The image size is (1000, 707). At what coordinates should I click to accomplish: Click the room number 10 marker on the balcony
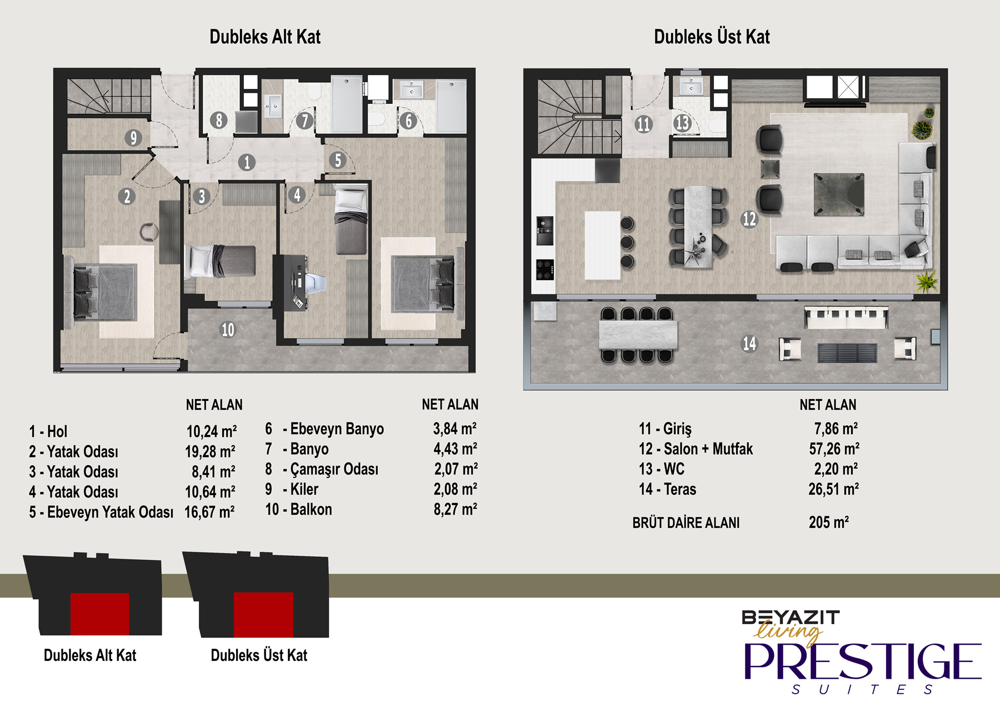pos(228,330)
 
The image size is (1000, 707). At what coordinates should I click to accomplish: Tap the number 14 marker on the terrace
pos(749,343)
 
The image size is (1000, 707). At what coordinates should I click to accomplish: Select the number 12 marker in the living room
pos(749,219)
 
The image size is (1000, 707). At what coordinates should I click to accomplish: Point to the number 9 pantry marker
pos(133,137)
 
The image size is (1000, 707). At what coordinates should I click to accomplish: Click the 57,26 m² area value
pos(834,449)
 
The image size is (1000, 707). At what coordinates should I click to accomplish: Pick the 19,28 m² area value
pos(210,451)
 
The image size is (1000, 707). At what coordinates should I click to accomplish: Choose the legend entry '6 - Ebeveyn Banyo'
pos(324,429)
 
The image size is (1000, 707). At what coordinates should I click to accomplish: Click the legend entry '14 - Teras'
pos(667,489)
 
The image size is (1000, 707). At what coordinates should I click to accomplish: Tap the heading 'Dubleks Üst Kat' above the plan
pos(712,37)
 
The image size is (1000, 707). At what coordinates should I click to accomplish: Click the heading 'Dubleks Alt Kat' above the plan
pos(265,37)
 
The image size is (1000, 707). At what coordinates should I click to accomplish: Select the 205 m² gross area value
pos(829,522)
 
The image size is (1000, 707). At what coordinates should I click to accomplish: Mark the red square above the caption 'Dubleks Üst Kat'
pos(263,614)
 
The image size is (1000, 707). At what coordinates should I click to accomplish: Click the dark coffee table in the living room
pos(839,194)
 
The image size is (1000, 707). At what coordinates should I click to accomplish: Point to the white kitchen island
pos(602,245)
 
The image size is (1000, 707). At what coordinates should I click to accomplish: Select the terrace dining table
pos(638,335)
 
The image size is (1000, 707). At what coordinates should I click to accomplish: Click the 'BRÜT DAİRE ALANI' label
pos(686,523)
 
